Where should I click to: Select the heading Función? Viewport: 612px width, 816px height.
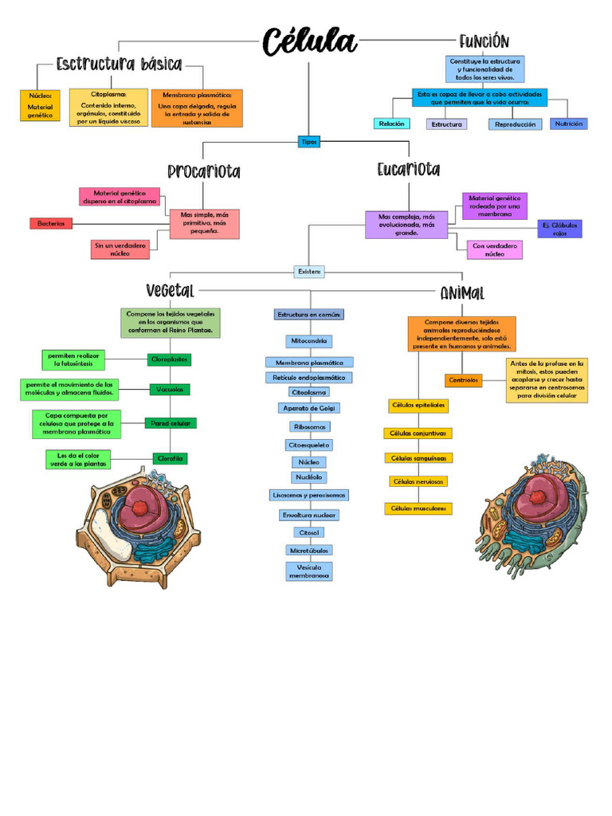(x=484, y=41)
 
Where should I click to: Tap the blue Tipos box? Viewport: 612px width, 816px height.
(x=308, y=142)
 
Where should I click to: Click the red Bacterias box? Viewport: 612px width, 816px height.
(x=51, y=224)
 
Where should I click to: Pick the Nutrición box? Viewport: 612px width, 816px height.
(x=569, y=124)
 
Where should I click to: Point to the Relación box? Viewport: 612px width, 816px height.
(x=392, y=124)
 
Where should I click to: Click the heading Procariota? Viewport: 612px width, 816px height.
(x=203, y=171)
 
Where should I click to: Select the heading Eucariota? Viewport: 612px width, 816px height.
(x=408, y=170)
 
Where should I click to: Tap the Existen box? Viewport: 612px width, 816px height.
(x=309, y=272)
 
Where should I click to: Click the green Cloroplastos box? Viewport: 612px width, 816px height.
(x=169, y=359)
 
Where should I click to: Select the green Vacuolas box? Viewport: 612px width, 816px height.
(x=170, y=390)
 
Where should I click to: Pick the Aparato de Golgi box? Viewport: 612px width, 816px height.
(x=309, y=408)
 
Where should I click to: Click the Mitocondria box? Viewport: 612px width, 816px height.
(x=309, y=341)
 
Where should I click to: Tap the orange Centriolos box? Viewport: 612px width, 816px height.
(x=464, y=381)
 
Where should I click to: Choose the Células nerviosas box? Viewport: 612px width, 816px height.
(x=418, y=481)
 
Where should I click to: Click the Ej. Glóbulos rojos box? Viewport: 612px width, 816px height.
(x=559, y=229)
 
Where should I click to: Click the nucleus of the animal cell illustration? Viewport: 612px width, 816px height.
(x=538, y=496)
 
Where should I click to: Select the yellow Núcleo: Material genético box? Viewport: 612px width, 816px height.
(x=40, y=106)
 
